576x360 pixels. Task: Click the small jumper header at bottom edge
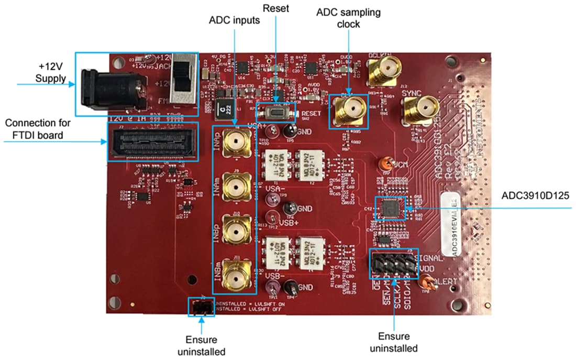click(201, 308)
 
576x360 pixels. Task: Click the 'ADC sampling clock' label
click(349, 17)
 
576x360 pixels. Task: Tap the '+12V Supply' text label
click(51, 73)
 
